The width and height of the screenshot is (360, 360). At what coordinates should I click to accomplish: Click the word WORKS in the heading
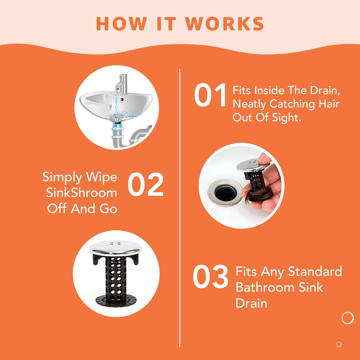click(225, 24)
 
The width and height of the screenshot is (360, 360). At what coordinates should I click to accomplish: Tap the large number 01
click(210, 95)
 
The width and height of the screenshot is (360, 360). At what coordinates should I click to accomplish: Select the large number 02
click(146, 184)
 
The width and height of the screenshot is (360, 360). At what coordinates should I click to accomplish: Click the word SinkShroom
click(82, 193)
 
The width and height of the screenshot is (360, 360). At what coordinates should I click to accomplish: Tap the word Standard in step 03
click(315, 271)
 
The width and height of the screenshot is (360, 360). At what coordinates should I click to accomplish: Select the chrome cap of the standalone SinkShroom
click(115, 247)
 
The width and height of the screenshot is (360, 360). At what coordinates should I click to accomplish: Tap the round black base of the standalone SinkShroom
click(116, 301)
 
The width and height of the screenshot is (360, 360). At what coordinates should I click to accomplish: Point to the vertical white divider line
click(180, 208)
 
